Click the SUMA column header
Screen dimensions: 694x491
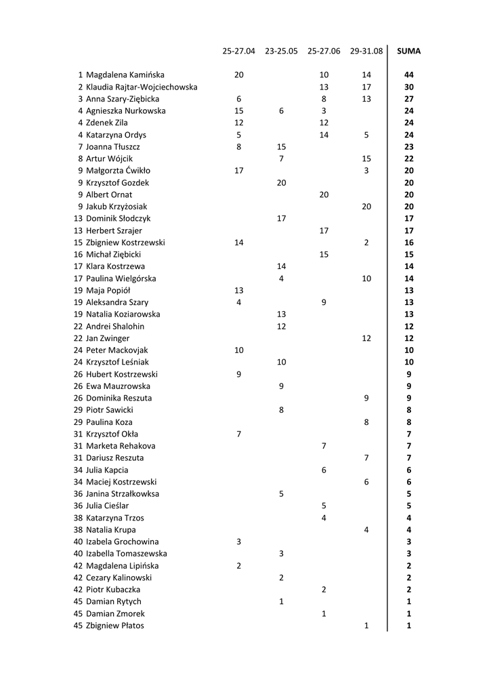coord(408,51)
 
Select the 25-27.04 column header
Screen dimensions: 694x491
coord(238,51)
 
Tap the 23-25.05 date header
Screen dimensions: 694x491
coord(281,51)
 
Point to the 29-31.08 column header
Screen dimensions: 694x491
coord(366,51)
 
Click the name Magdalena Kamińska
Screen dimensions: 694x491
coord(125,75)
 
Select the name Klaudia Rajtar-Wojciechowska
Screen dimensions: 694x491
coord(142,87)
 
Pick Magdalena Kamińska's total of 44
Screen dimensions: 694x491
coord(408,75)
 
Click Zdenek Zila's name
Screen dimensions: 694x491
coord(106,123)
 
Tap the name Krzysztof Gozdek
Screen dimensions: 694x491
coord(117,183)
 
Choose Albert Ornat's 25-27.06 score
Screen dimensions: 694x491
coord(324,195)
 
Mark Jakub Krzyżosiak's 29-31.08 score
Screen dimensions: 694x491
coord(366,207)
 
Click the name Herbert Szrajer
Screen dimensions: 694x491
coord(114,230)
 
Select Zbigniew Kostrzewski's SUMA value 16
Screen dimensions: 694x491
coord(408,243)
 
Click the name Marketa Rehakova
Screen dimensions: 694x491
coord(121,446)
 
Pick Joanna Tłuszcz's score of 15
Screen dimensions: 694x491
coord(281,147)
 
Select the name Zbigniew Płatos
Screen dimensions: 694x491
coord(114,626)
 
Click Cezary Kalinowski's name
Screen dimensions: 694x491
coord(119,577)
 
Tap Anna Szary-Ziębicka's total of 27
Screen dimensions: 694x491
coord(408,99)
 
